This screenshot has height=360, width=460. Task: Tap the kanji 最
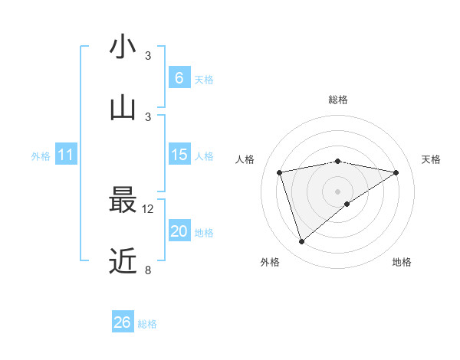pos(123,201)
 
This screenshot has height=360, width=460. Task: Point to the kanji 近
pos(123,262)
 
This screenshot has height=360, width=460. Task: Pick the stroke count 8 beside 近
pos(149,270)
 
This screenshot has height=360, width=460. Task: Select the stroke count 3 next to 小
pos(149,56)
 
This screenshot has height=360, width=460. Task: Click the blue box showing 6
pos(179,78)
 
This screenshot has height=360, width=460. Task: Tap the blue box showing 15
pos(179,155)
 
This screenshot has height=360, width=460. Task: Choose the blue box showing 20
pos(179,231)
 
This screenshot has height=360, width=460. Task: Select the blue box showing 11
pos(66,155)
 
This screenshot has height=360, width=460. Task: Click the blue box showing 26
pos(123,322)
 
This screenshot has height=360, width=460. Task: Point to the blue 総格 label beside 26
pos(147,324)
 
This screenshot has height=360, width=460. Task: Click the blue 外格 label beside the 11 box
pos(41,156)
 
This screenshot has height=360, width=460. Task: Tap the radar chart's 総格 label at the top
pos(338,100)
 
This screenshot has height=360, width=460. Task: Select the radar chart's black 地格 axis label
pos(402,262)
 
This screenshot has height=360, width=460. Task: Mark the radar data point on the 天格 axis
pos(396,172)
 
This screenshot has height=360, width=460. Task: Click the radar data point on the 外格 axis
pos(301,242)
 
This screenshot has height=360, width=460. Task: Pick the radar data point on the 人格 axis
pos(280,172)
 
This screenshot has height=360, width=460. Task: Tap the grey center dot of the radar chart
pos(338,191)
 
